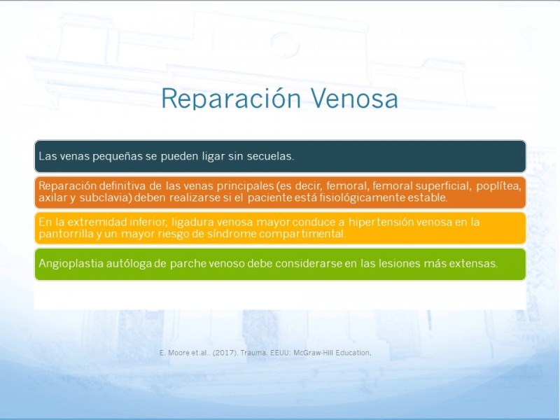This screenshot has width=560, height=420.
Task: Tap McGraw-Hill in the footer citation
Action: click(x=313, y=353)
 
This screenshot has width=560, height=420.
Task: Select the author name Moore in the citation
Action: click(x=176, y=353)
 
